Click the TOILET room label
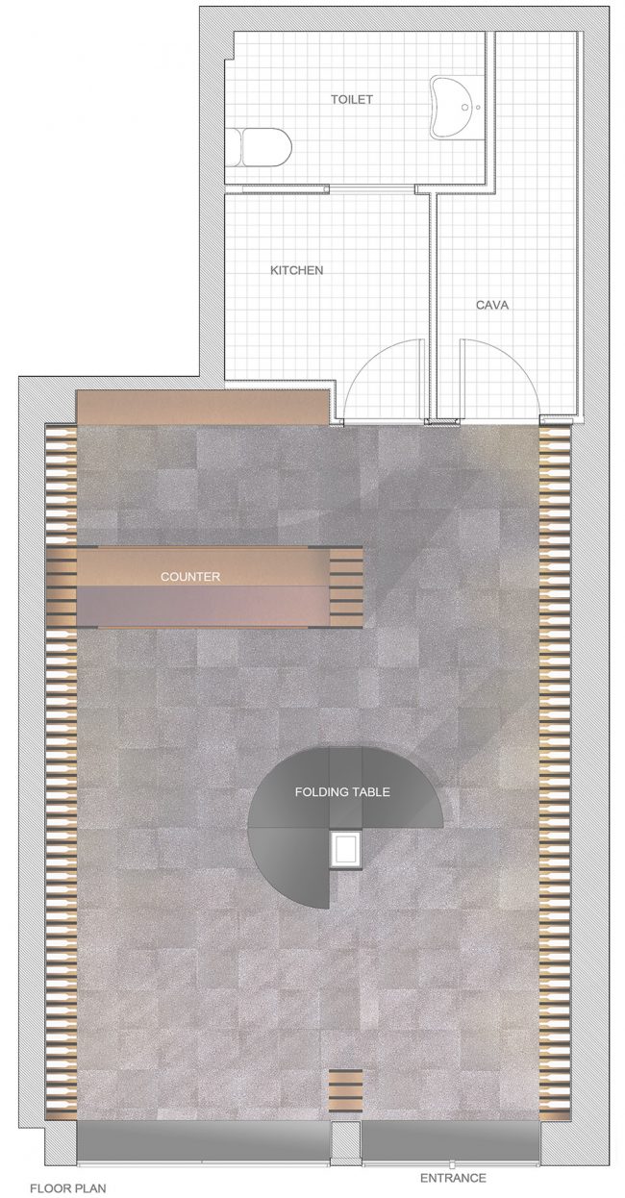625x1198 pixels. [x=351, y=99]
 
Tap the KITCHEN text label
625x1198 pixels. [x=297, y=270]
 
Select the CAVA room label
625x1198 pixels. [x=492, y=306]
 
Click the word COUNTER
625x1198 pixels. [x=190, y=577]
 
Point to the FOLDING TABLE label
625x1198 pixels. [x=342, y=792]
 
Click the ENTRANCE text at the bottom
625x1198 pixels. [x=453, y=1178]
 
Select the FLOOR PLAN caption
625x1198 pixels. [x=68, y=1189]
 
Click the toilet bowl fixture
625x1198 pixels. [x=259, y=147]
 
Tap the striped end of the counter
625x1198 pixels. [x=346, y=587]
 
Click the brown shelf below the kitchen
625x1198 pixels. [x=203, y=408]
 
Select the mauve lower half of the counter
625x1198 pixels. [x=203, y=606]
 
